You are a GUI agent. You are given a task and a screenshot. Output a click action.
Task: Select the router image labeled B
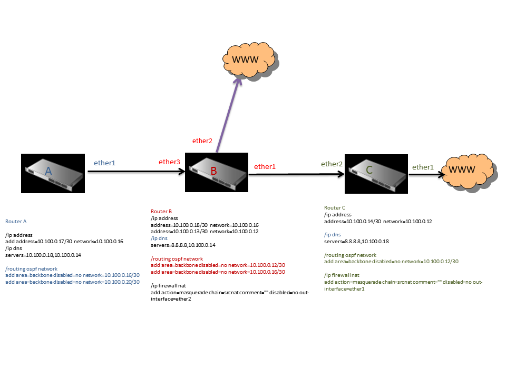pyautogui.click(x=216, y=173)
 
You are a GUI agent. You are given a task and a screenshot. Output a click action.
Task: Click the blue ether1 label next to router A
pyautogui.click(x=104, y=163)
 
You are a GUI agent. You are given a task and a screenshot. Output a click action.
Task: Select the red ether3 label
pyautogui.click(x=170, y=162)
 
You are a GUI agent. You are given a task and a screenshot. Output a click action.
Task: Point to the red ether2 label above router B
pyautogui.click(x=202, y=141)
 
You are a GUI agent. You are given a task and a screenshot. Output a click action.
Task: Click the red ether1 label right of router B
pyautogui.click(x=265, y=166)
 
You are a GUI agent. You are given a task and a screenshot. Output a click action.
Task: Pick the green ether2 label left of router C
pyautogui.click(x=332, y=164)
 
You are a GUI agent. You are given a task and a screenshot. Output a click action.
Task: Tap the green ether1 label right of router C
pyautogui.click(x=423, y=167)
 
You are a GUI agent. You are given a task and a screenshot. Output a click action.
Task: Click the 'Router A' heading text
pyautogui.click(x=16, y=222)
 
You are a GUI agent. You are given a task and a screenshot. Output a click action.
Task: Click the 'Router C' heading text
pyautogui.click(x=335, y=208)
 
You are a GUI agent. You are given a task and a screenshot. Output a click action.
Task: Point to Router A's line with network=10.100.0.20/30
pyautogui.click(x=72, y=282)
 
